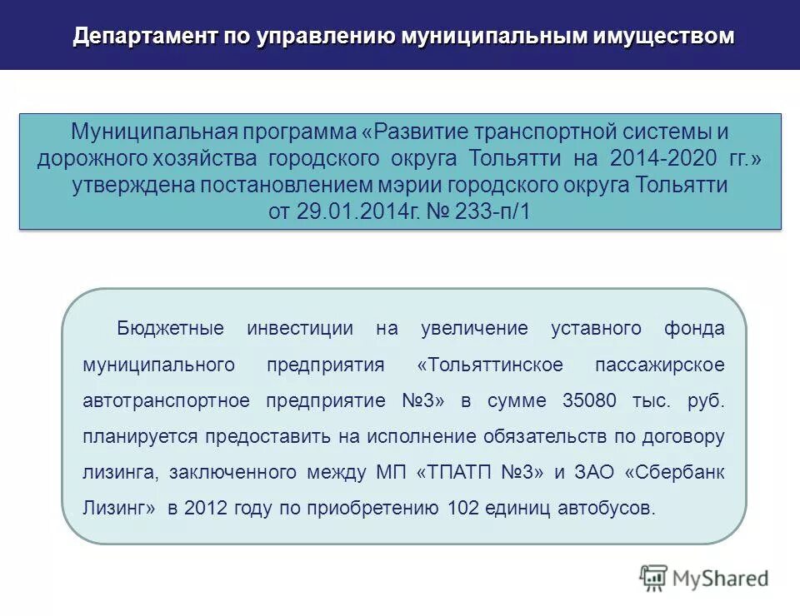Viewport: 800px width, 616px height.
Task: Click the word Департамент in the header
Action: click(x=135, y=36)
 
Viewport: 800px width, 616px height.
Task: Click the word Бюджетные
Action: click(x=171, y=328)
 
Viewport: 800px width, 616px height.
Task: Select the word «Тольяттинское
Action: click(x=490, y=365)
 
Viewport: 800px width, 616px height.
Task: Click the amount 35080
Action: click(x=590, y=400)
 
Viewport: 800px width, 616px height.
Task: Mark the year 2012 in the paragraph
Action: click(x=204, y=508)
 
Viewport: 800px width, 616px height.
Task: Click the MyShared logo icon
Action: click(x=654, y=577)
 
